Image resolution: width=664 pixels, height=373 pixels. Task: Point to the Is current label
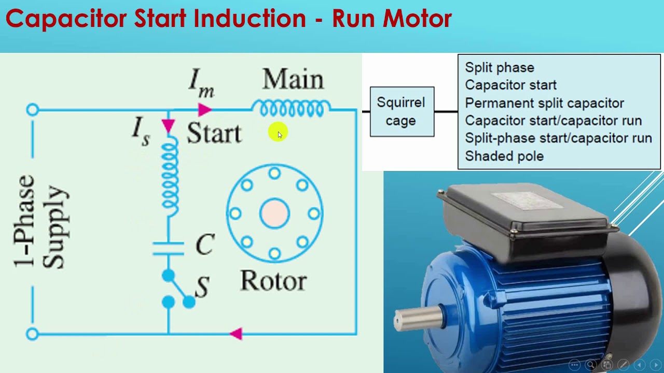click(x=141, y=131)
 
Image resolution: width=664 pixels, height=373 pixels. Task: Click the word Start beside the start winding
click(x=214, y=134)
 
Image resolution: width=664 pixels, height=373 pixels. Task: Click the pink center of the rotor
click(x=274, y=213)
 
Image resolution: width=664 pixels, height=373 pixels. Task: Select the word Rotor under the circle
click(x=273, y=281)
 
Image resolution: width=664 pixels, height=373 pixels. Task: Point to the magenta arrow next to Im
click(x=204, y=110)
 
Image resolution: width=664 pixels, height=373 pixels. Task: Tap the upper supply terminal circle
click(x=32, y=110)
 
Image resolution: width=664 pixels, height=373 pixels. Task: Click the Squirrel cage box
click(x=402, y=111)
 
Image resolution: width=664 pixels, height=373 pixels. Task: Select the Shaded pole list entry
click(x=504, y=156)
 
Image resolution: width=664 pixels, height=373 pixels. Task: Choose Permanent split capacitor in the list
click(x=544, y=103)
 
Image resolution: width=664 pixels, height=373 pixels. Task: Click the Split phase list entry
click(x=499, y=67)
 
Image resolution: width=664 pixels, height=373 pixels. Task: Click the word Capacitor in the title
click(x=66, y=19)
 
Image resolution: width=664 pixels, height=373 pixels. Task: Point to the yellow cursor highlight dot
click(x=278, y=133)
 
